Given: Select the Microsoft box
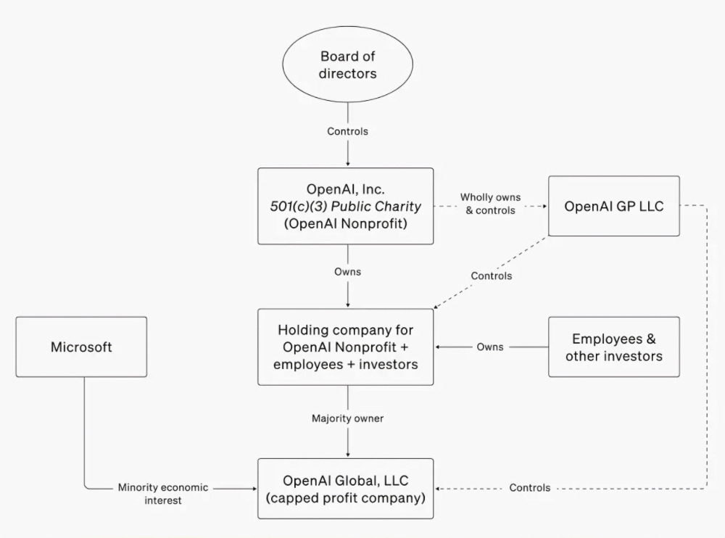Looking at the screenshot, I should coord(81,347).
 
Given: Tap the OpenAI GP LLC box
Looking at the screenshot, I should coord(613,206).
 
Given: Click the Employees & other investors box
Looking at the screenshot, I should coord(613,347).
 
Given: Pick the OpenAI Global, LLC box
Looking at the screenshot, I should coord(346,489).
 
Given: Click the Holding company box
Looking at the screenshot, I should coord(346,347).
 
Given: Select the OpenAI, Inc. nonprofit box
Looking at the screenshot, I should coord(346,207).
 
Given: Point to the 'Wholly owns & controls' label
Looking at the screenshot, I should coord(491,204).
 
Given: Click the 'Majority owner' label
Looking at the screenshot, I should coord(347,418).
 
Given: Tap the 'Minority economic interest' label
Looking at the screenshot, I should coord(162,494).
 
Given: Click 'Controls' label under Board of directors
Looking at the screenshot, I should coord(347,131).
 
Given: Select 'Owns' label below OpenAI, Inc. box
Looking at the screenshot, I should coord(347,272).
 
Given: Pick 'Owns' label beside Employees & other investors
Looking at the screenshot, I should coord(490,347).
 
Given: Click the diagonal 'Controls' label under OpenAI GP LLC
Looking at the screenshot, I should coord(491,276).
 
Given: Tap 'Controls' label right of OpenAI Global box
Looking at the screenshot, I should coord(529,488).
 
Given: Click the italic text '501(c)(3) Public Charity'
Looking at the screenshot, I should coord(346,207).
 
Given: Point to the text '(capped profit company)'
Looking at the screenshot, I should coord(346,498).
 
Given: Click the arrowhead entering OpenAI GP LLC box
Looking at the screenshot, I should coord(544,206).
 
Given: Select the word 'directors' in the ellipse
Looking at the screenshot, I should coord(348,73).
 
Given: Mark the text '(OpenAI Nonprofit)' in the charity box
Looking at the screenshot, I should coord(346,223).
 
